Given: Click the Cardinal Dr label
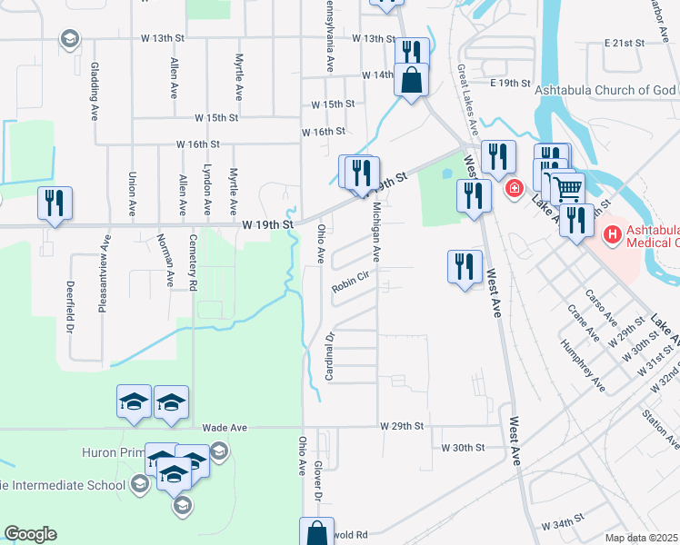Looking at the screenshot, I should click(330, 355).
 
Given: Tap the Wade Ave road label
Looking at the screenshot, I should click(225, 427).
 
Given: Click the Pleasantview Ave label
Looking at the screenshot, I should click(106, 264).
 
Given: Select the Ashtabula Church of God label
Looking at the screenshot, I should click(607, 91).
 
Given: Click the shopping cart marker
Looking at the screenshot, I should click(567, 189).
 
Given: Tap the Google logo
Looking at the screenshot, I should click(30, 533).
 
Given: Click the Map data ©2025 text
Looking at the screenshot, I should click(642, 538).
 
